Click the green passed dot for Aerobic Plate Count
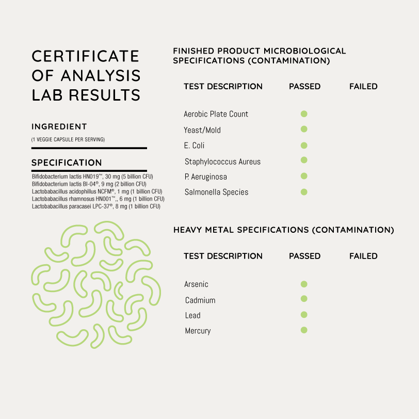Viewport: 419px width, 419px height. click(304, 114)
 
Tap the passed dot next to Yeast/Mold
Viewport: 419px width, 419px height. click(304, 129)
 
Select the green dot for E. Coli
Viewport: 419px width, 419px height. click(304, 145)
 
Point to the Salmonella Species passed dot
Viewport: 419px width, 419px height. click(304, 192)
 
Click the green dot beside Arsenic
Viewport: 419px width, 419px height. click(304, 284)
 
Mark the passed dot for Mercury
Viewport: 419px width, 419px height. click(304, 330)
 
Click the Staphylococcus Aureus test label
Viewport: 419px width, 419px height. click(222, 162)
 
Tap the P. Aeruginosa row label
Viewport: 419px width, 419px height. click(205, 176)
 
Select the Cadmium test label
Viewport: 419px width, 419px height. click(200, 300)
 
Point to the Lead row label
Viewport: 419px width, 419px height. click(192, 315)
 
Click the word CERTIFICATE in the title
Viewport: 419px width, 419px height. click(86, 56)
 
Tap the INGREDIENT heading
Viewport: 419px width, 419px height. click(59, 126)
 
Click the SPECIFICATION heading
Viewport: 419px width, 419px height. click(67, 163)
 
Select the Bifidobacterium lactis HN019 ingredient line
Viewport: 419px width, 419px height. click(92, 176)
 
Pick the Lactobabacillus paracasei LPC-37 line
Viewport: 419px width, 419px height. click(96, 206)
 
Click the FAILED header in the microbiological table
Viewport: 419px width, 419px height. click(363, 87)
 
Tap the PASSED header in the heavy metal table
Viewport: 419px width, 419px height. click(304, 256)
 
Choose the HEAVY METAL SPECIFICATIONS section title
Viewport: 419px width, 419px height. click(283, 230)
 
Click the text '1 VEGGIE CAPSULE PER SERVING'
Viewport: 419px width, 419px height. click(68, 139)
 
